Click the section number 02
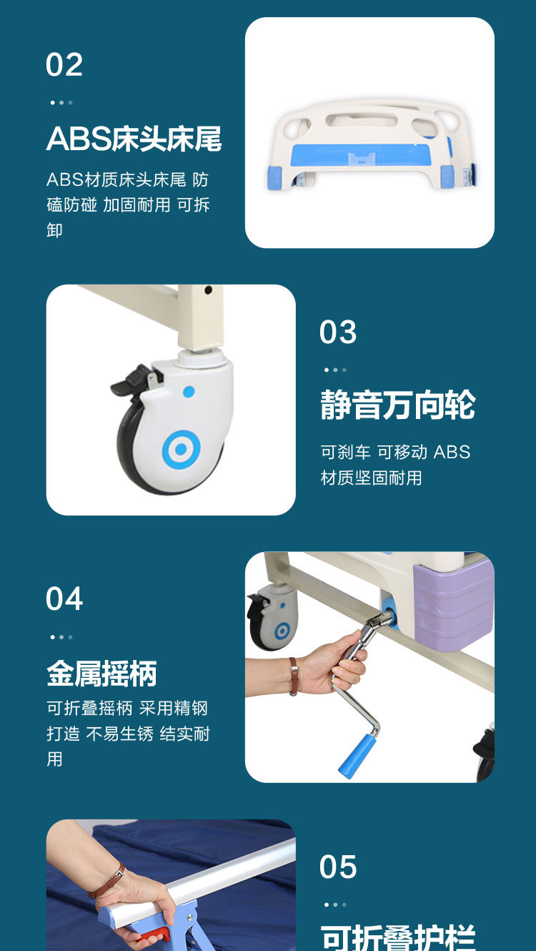pos(64,64)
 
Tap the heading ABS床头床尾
pos(134,139)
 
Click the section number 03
pos(338,332)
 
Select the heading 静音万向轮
pos(397,405)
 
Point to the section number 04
pos(64,598)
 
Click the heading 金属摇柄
pos(101,674)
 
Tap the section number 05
pos(338,867)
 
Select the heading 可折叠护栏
pos(397,937)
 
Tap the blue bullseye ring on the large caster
pos(182,449)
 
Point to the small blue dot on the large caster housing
pos(189,391)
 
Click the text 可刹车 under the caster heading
pos(345,452)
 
